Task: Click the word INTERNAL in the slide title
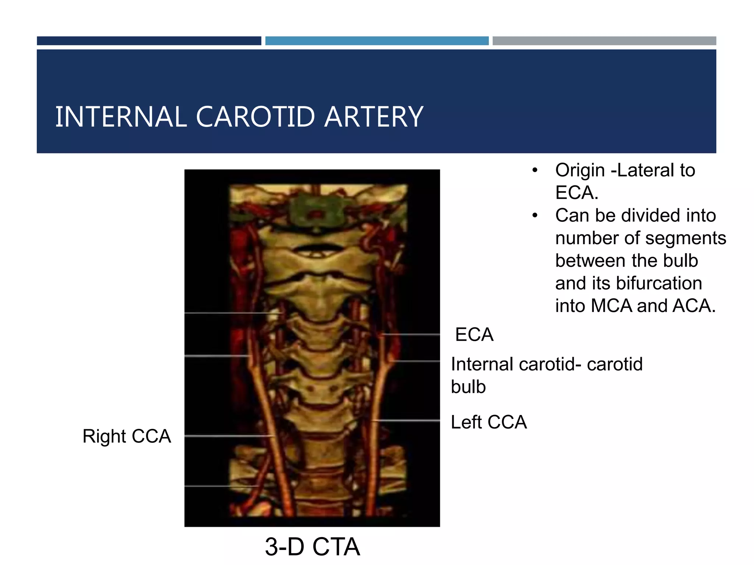(x=121, y=117)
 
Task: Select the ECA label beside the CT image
(x=474, y=335)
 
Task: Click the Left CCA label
(x=489, y=422)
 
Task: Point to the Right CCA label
(x=127, y=436)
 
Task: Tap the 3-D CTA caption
(x=312, y=547)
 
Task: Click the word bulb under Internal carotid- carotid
(x=468, y=387)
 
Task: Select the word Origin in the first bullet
(x=580, y=170)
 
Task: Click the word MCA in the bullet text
(x=611, y=306)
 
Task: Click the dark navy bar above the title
(x=149, y=41)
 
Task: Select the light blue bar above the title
(x=377, y=41)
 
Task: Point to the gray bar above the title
(x=604, y=41)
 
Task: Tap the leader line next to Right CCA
(x=228, y=436)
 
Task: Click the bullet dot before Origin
(x=535, y=171)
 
